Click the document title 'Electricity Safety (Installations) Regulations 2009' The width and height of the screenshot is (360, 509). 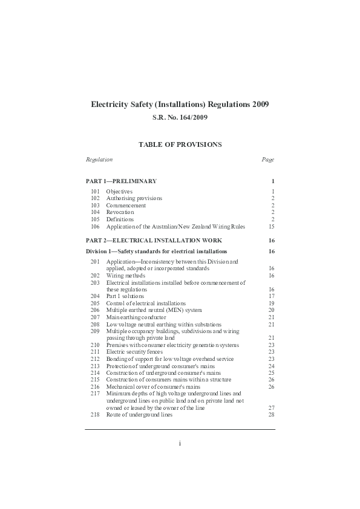click(180, 105)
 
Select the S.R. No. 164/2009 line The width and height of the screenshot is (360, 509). click(180, 118)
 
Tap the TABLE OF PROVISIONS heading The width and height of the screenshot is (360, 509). click(180, 144)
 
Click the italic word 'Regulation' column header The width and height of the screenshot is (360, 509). click(99, 160)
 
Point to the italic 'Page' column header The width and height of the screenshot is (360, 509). click(267, 160)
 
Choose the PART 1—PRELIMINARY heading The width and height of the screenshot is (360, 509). click(121, 181)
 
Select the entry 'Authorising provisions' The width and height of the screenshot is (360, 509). click(134, 198)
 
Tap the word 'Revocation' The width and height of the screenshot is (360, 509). click(120, 212)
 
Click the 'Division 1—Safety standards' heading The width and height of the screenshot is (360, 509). click(157, 251)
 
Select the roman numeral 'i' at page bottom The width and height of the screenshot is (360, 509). click(180, 443)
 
